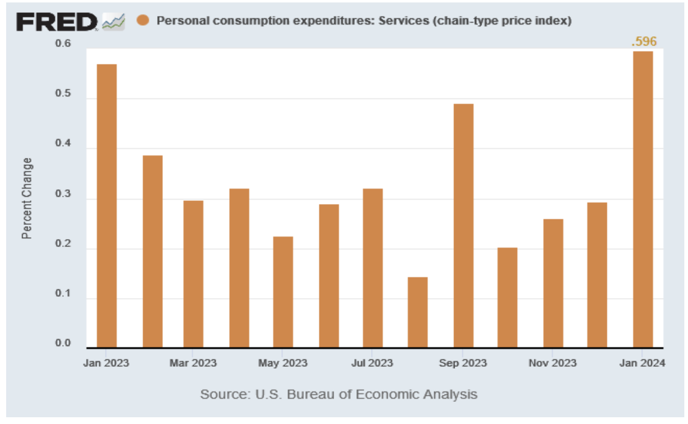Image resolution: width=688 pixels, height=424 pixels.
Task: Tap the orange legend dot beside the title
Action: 143,21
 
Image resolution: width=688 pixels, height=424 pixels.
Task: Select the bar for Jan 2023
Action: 106,206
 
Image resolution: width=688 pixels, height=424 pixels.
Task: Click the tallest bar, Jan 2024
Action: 643,200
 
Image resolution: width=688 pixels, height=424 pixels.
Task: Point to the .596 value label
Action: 644,42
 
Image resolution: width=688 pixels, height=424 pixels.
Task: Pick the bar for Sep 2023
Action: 463,226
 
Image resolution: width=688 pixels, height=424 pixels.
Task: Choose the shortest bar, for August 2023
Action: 418,312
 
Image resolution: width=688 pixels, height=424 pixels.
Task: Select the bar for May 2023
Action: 283,292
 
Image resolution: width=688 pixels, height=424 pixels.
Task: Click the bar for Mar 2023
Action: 193,274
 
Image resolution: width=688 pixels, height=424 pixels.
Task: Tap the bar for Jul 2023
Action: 373,268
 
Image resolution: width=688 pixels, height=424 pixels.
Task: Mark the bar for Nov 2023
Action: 553,283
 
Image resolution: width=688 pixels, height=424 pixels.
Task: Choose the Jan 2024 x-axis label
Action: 642,363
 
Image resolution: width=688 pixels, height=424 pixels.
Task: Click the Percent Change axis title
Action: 27,198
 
